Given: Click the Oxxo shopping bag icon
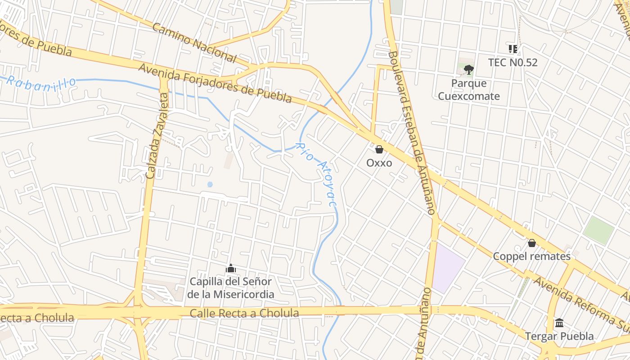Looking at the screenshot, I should pyautogui.click(x=379, y=149).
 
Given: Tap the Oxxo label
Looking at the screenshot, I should pyautogui.click(x=379, y=163).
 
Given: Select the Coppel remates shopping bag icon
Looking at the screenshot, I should pyautogui.click(x=532, y=243).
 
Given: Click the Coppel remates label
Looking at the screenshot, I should pyautogui.click(x=532, y=256).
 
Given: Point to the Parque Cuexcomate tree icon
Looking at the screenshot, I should pyautogui.click(x=469, y=69).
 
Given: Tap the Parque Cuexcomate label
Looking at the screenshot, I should pyautogui.click(x=469, y=90).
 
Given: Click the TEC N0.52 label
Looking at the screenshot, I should pyautogui.click(x=513, y=63).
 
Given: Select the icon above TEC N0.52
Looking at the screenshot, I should pyautogui.click(x=513, y=49).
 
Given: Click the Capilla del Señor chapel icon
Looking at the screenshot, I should pyautogui.click(x=231, y=269).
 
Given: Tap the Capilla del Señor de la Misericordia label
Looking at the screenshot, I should pyautogui.click(x=231, y=288).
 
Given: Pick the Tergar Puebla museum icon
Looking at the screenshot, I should pyautogui.click(x=559, y=323).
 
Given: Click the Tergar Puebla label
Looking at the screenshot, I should pyautogui.click(x=559, y=336).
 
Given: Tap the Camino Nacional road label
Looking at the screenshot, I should pyautogui.click(x=194, y=43).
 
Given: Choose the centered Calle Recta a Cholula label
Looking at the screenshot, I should pyautogui.click(x=244, y=313).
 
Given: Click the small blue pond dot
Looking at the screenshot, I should pyautogui.click(x=210, y=184).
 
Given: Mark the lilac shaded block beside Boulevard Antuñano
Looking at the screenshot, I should pyautogui.click(x=447, y=269).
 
